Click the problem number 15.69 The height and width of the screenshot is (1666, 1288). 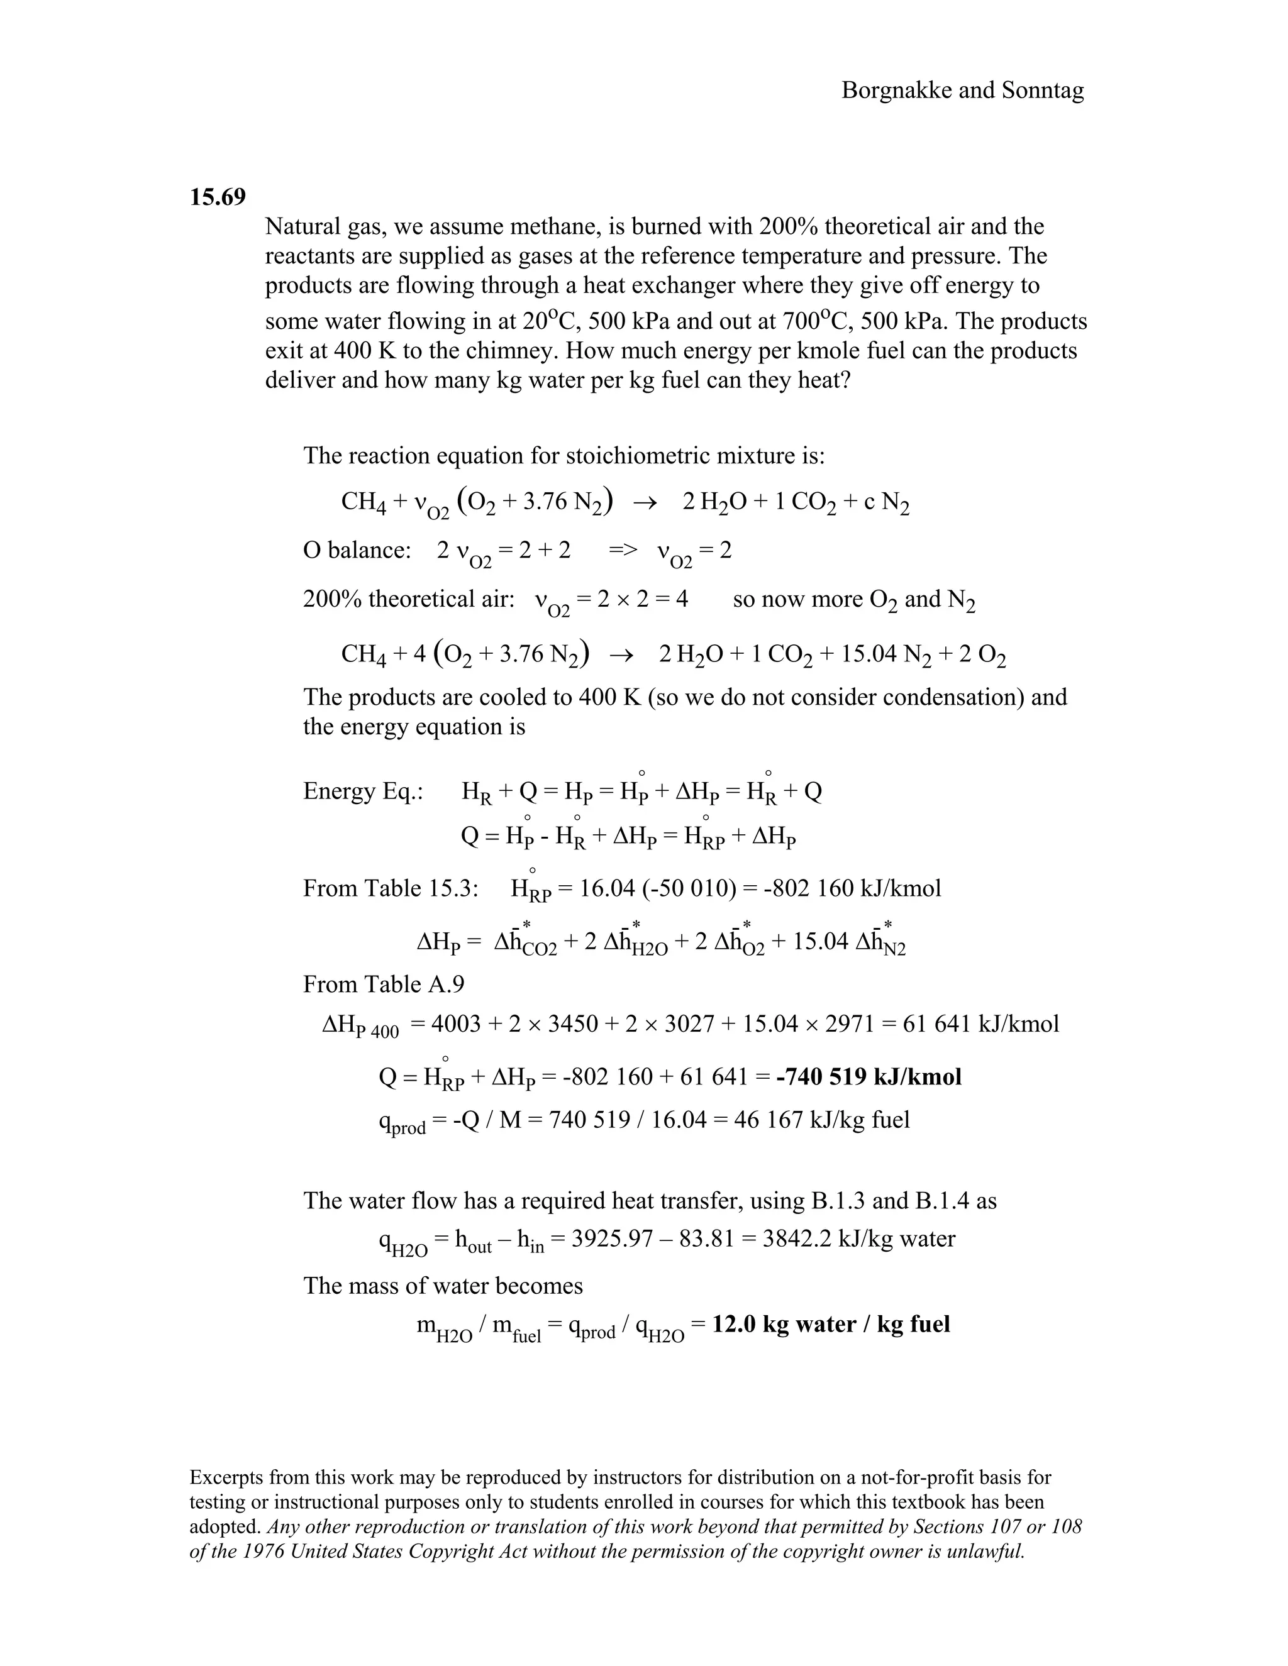tap(218, 197)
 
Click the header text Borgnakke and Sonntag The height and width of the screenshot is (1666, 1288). tap(962, 91)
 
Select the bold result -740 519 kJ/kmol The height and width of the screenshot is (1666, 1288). tap(869, 1076)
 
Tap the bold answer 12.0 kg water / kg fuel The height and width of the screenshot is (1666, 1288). tap(831, 1323)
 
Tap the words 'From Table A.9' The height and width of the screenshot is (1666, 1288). tap(383, 984)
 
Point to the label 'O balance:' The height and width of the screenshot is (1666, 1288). tap(357, 550)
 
